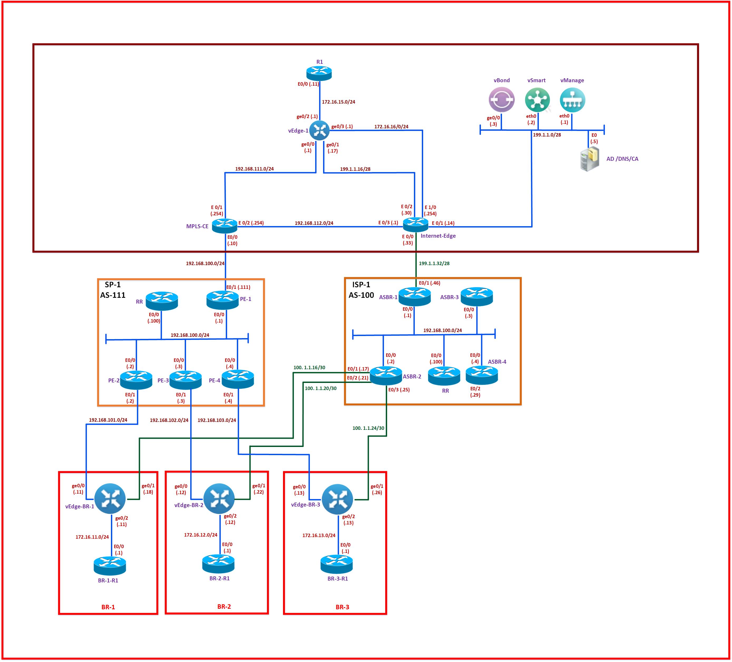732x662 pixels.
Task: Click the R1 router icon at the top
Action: pyautogui.click(x=319, y=73)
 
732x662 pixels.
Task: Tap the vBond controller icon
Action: pyautogui.click(x=501, y=100)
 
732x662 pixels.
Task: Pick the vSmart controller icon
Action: pyautogui.click(x=537, y=100)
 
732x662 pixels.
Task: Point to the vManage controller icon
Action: pyautogui.click(x=572, y=100)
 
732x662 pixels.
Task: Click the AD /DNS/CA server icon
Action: pyautogui.click(x=589, y=159)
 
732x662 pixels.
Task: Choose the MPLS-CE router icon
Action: pyautogui.click(x=225, y=226)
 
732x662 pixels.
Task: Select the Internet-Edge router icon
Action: pyautogui.click(x=416, y=225)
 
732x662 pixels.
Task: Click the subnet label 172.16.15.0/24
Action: pyautogui.click(x=338, y=102)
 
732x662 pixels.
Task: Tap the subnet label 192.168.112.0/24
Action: pyautogui.click(x=314, y=223)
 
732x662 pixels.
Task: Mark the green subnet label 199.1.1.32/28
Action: pyautogui.click(x=434, y=263)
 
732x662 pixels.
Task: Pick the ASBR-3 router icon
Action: pyautogui.click(x=477, y=296)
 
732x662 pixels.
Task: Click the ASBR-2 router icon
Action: pyautogui.click(x=386, y=376)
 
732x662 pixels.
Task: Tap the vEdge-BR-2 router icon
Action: pyautogui.click(x=219, y=499)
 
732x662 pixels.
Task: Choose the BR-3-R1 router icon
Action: pyautogui.click(x=336, y=564)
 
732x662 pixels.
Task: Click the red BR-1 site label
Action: pyautogui.click(x=108, y=607)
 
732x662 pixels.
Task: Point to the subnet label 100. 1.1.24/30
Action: pyautogui.click(x=368, y=428)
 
